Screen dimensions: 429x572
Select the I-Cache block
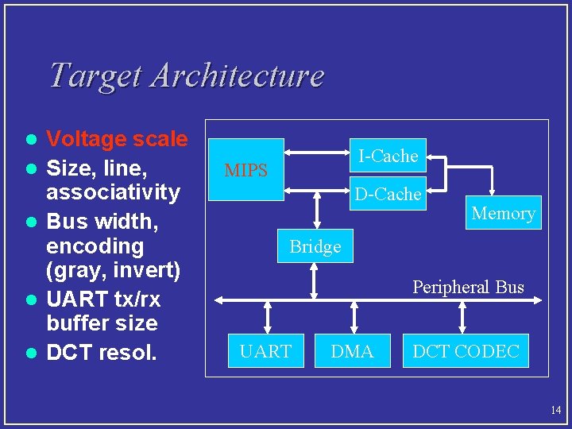[x=388, y=157]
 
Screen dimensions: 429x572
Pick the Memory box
[x=503, y=213]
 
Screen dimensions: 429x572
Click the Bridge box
[x=315, y=246]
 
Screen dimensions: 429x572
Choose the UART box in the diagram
[x=265, y=351]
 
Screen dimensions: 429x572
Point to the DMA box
[x=352, y=351]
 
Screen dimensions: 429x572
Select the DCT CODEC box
[x=466, y=351]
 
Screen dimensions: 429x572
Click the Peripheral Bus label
[x=468, y=287]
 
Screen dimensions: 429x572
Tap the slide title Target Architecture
[x=187, y=75]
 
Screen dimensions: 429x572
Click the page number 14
[x=555, y=410]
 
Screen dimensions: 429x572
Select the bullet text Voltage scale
[x=117, y=140]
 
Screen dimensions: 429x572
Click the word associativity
[x=114, y=192]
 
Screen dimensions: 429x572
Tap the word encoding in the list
[x=95, y=245]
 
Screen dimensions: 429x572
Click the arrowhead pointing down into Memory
[x=493, y=191]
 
